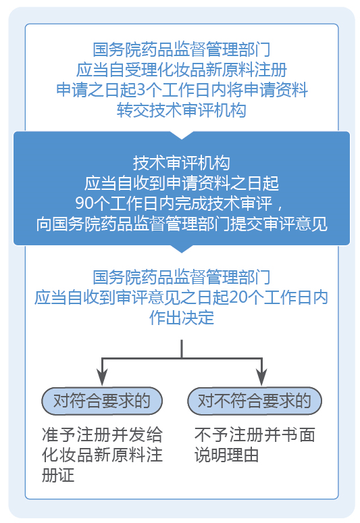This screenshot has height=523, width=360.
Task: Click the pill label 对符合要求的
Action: click(x=101, y=401)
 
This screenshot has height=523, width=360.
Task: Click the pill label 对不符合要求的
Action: click(x=254, y=401)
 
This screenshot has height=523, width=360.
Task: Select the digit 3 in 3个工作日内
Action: click(x=140, y=89)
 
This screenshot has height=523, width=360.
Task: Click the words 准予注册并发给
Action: click(x=101, y=434)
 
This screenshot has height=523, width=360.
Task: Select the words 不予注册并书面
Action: click(x=254, y=434)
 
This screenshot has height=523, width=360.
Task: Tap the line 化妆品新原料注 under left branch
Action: click(x=101, y=454)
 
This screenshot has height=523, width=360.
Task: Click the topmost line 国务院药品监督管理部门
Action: click(x=181, y=49)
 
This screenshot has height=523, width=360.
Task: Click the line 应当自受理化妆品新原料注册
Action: click(x=181, y=69)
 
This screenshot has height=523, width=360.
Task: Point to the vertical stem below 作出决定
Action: click(x=182, y=348)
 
